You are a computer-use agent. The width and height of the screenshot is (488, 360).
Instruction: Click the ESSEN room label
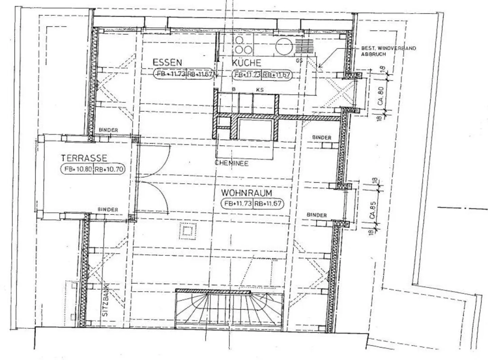pyautogui.click(x=167, y=62)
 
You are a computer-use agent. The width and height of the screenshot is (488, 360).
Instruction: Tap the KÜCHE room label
pyautogui.click(x=246, y=63)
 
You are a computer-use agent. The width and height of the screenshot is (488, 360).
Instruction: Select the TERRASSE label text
pyautogui.click(x=84, y=158)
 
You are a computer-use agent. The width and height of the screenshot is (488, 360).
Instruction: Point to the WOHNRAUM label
pyautogui.click(x=246, y=193)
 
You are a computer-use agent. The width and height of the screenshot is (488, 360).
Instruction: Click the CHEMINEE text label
pyautogui.click(x=231, y=163)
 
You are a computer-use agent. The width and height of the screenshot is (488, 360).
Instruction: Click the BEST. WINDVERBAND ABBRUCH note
pyautogui.click(x=388, y=51)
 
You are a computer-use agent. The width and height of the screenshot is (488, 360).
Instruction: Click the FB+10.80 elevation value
pyautogui.click(x=77, y=169)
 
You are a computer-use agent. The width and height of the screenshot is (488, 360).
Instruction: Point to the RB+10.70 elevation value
pyautogui.click(x=109, y=169)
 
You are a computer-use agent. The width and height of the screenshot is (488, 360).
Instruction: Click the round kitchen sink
pyautogui.click(x=284, y=47)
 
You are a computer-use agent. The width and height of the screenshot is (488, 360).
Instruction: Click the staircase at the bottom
pyautogui.click(x=229, y=309)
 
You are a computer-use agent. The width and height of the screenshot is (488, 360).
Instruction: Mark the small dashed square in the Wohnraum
pyautogui.click(x=187, y=231)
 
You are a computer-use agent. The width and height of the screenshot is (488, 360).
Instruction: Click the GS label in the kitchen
pyautogui.click(x=299, y=61)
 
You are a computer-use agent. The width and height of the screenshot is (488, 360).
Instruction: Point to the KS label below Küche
pyautogui.click(x=260, y=90)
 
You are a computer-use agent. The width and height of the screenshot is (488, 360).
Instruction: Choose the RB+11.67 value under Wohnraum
pyautogui.click(x=267, y=204)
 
